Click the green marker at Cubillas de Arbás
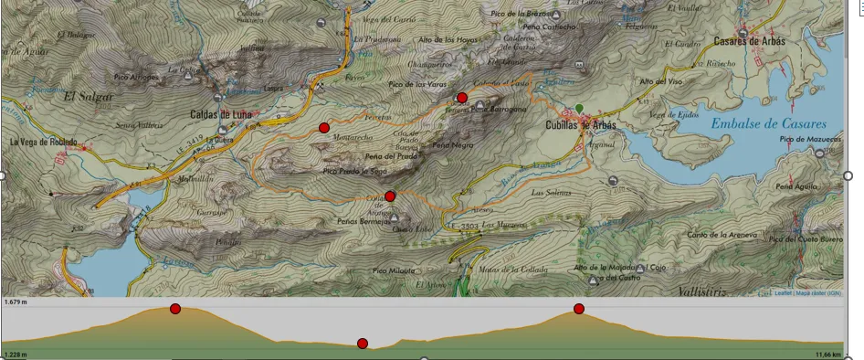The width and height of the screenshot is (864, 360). coord(579,109)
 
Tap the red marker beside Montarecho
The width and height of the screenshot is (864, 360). coord(324,128)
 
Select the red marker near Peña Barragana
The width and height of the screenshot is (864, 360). coord(462,98)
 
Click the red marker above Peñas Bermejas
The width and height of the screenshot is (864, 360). coord(390,196)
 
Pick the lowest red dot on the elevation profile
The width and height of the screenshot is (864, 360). coord(363,344)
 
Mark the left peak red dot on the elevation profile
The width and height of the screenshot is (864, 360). coord(175,309)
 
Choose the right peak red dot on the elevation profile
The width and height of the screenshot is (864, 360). coord(579,309)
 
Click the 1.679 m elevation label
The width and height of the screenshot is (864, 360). coord(16,302)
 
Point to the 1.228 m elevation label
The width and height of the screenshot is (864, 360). coord(16,355)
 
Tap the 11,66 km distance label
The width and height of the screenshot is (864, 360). coord(828,355)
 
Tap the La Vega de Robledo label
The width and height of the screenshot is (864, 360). coord(44,143)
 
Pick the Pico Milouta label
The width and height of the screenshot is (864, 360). coord(394,270)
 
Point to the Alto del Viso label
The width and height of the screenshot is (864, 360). coord(662,82)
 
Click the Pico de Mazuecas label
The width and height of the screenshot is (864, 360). coord(810,139)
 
